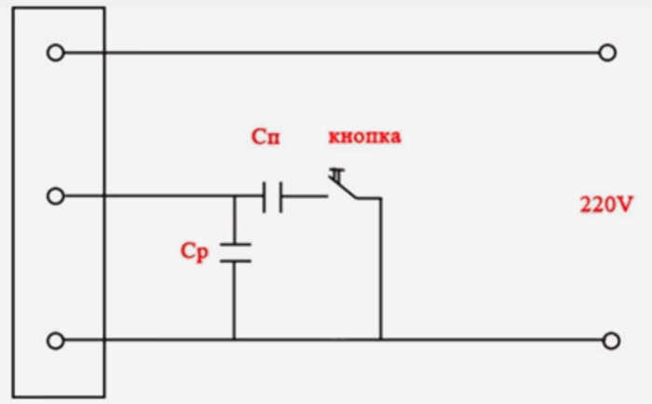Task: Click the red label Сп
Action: click(x=265, y=137)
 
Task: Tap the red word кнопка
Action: click(x=365, y=137)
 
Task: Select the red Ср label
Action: click(x=194, y=252)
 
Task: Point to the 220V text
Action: click(x=606, y=205)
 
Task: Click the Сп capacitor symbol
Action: click(x=273, y=197)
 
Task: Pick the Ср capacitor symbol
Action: click(x=235, y=252)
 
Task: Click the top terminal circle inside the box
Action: click(x=55, y=53)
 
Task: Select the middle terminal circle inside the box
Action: click(x=55, y=195)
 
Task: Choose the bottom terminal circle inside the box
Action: click(x=55, y=341)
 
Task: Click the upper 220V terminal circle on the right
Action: click(x=607, y=53)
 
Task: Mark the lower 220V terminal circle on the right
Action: click(x=611, y=341)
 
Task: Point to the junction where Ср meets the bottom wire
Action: click(x=234, y=340)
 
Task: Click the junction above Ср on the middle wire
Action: click(x=234, y=195)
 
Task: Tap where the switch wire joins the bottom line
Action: click(x=380, y=340)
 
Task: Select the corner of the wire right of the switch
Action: click(x=380, y=198)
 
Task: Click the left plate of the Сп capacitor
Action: click(x=264, y=197)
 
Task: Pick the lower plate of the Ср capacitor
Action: click(x=235, y=261)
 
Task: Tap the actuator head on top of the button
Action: click(x=337, y=170)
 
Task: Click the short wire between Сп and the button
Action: click(x=306, y=196)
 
